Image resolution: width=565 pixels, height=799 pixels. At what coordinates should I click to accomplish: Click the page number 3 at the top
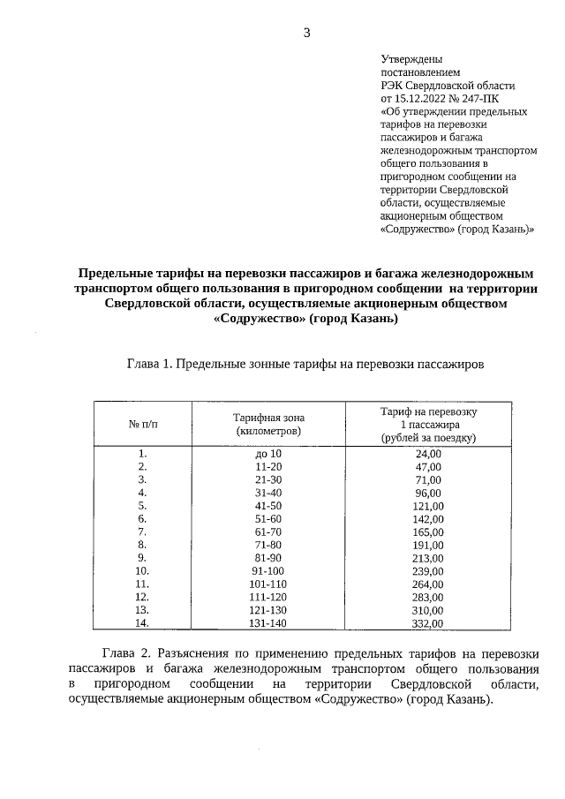[x=306, y=33]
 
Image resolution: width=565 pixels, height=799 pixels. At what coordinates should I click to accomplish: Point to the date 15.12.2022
[x=420, y=99]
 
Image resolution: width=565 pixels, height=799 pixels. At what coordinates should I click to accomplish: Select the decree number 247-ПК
[x=483, y=99]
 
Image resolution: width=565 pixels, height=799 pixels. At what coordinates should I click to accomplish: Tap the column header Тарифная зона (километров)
[x=267, y=424]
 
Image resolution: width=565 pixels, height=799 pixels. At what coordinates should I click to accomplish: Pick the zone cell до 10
[x=267, y=454]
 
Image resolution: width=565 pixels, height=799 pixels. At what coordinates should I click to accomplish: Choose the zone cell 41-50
[x=267, y=506]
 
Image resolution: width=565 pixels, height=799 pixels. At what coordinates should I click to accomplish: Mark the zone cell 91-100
[x=267, y=571]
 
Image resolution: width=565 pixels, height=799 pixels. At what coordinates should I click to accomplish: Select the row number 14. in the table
[x=141, y=623]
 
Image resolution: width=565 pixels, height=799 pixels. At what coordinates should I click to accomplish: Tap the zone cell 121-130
[x=267, y=610]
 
